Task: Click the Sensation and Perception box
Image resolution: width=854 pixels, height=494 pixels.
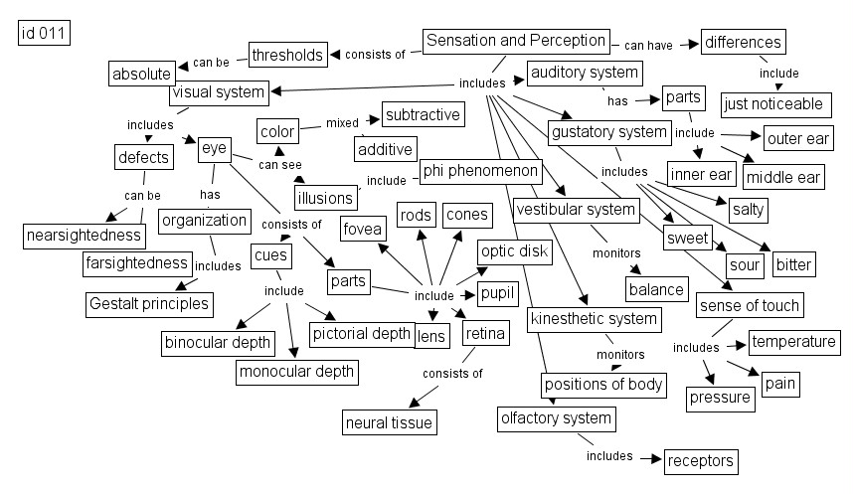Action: pos(515,41)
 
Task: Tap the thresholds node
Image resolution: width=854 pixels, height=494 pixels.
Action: pos(287,55)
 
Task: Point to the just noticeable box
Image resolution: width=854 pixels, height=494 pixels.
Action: pos(773,103)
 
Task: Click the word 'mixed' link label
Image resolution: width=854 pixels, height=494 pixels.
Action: pos(342,124)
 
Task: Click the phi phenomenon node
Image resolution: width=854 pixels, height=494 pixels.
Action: pos(481,171)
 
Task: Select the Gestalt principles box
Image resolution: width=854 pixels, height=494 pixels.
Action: pos(149,302)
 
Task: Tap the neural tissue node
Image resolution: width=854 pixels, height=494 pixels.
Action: pos(389,422)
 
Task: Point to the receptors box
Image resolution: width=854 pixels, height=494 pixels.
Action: pos(701,460)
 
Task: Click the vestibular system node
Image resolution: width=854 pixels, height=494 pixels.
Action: pos(576,210)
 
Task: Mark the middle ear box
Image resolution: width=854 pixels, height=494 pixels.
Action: pos(784,178)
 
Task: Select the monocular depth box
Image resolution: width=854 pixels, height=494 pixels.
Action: pos(295,373)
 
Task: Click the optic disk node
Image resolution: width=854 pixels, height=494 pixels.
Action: pos(514,251)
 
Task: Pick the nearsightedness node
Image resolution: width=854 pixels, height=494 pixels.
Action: pos(85,236)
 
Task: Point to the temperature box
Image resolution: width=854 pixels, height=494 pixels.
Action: pos(793,342)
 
